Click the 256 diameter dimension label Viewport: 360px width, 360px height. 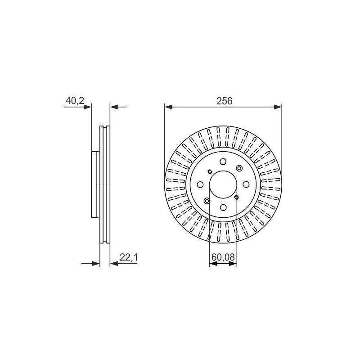224,101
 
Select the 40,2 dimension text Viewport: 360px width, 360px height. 75,100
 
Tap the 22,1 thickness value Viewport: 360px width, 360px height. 129,257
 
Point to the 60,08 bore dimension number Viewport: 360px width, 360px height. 223,257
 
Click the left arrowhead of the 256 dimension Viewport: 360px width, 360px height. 168,107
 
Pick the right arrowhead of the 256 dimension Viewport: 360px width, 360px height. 278,107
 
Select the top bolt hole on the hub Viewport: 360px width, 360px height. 223,162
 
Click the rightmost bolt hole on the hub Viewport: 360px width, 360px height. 246,184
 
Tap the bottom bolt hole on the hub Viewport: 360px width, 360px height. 223,207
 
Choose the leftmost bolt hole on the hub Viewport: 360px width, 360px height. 200,184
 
